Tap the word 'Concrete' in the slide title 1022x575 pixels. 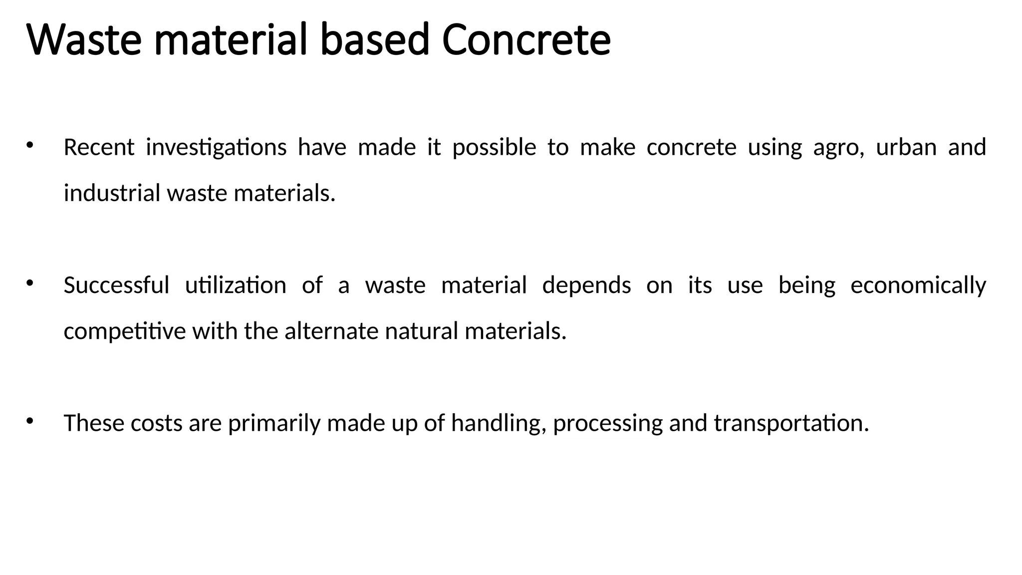526,40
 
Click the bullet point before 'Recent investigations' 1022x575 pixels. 29,145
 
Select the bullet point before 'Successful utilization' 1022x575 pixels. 29,284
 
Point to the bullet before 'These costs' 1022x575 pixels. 29,421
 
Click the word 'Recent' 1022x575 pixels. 99,147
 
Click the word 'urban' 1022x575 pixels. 906,147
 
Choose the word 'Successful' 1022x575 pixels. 116,286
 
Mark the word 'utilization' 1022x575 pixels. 236,286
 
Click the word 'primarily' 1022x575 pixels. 274,424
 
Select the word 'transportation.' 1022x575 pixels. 791,424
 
